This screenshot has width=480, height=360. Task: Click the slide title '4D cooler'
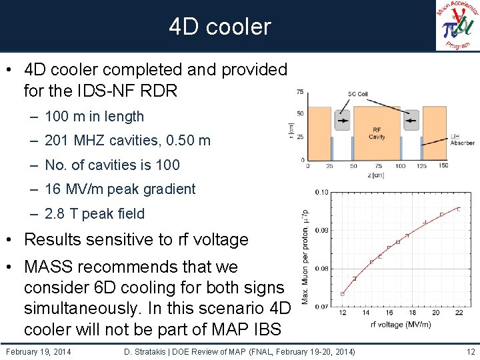click(220, 27)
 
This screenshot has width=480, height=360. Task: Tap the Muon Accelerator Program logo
click(457, 26)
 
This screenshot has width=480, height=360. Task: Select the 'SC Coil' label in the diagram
click(358, 94)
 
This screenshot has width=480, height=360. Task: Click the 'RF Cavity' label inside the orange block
click(377, 133)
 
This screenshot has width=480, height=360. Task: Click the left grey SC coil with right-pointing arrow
click(343, 122)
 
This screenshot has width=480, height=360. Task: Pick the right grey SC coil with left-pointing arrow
click(411, 122)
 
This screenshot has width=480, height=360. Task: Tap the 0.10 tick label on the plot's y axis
click(321, 193)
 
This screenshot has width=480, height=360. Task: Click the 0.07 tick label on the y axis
click(321, 307)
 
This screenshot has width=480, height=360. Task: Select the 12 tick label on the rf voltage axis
click(342, 313)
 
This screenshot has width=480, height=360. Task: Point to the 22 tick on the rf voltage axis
click(459, 313)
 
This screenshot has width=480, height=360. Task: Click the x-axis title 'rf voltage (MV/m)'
click(401, 325)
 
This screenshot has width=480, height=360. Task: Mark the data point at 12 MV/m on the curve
click(342, 293)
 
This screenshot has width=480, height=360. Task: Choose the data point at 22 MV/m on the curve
click(459, 209)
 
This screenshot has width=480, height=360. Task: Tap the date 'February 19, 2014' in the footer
click(38, 351)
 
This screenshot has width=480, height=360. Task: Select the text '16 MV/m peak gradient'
click(120, 189)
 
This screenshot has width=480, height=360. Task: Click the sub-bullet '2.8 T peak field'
click(94, 214)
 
